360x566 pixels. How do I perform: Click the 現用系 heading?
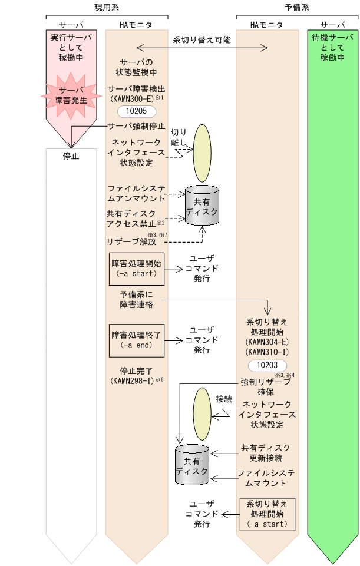[x=107, y=8]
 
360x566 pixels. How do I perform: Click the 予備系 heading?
[x=298, y=8]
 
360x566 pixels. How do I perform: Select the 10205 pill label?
[x=136, y=111]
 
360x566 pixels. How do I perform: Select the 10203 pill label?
[x=267, y=366]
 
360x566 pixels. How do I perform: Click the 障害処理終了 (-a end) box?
[x=136, y=340]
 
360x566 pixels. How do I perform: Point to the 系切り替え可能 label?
[x=202, y=41]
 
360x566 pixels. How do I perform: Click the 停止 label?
[x=71, y=157]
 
